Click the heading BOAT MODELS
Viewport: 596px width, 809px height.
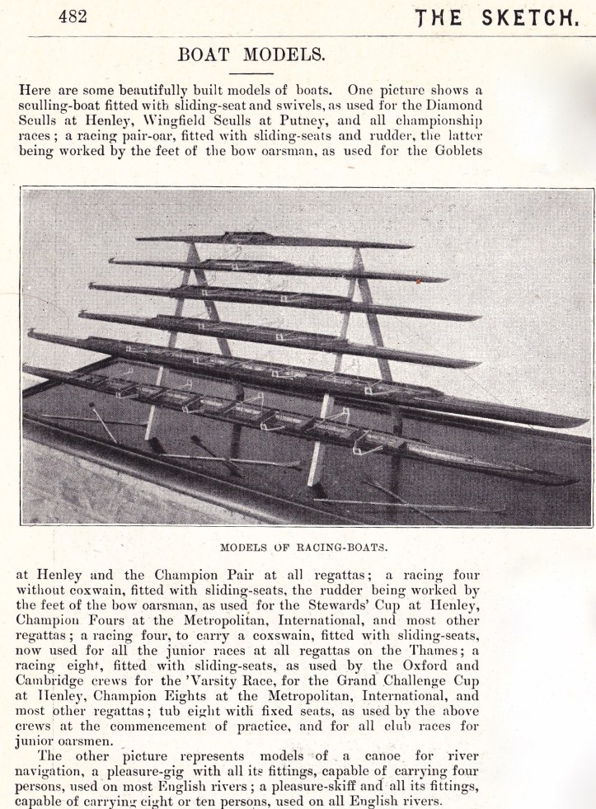(251, 55)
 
